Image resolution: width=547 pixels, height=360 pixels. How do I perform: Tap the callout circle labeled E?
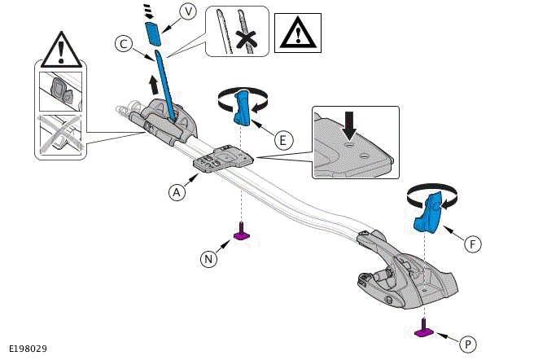click(282, 140)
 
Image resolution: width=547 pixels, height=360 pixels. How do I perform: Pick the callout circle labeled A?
click(176, 192)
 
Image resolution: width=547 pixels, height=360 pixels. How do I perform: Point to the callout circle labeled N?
click(209, 259)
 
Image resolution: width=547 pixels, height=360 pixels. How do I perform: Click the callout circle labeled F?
click(473, 243)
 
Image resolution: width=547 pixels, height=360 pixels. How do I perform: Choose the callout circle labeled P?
click(467, 344)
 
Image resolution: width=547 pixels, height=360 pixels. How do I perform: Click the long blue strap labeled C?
click(167, 86)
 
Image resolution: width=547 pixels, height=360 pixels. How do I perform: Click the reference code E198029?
click(28, 349)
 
